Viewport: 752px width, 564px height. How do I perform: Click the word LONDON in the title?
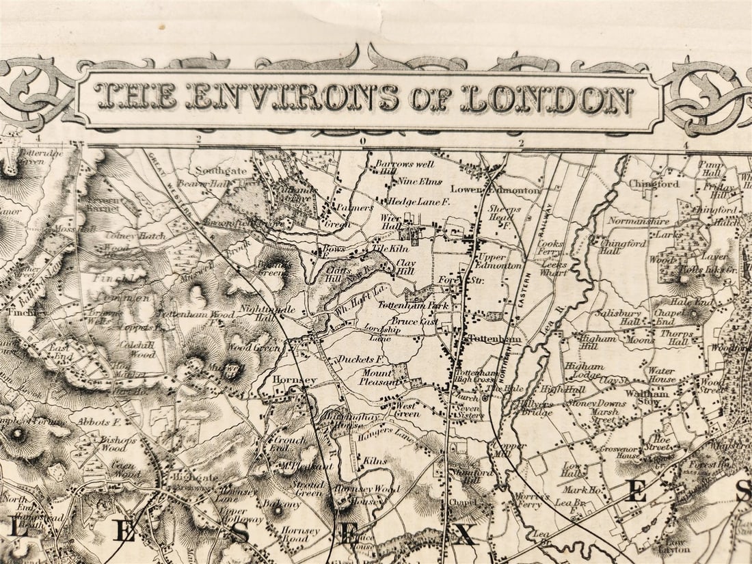point(547,99)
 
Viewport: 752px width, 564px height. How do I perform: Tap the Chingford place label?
point(660,184)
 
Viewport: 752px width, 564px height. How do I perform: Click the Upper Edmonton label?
point(501,260)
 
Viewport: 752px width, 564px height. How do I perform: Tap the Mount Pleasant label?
point(377,378)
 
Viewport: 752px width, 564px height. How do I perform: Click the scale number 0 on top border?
point(363,142)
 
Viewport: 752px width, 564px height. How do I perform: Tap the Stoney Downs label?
point(596,403)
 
